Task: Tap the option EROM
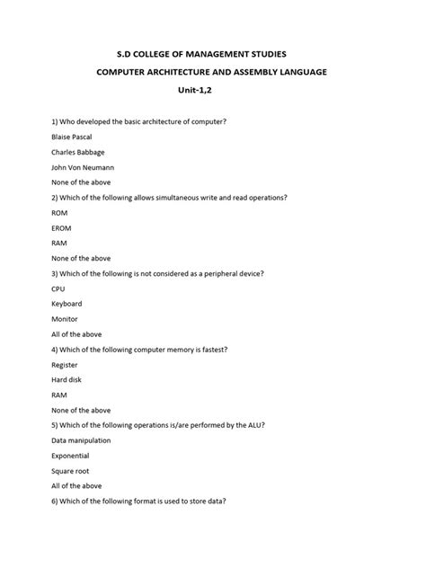(64, 227)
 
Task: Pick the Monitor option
(66, 319)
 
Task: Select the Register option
(66, 365)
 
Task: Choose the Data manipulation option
(82, 440)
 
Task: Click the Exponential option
(73, 456)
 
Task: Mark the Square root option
(71, 471)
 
